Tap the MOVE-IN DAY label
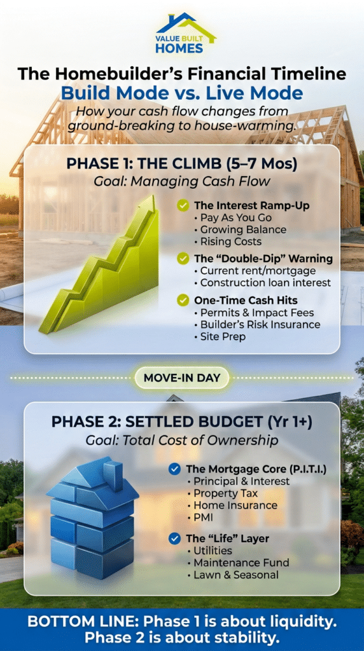[181, 378]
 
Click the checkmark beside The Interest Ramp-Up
[183, 205]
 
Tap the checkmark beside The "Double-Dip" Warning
[183, 258]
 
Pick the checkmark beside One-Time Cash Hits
[183, 300]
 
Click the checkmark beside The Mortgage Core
[174, 469]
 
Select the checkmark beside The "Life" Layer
[174, 538]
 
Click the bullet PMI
[204, 517]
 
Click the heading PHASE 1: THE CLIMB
[181, 163]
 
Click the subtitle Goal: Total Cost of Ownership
[181, 440]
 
